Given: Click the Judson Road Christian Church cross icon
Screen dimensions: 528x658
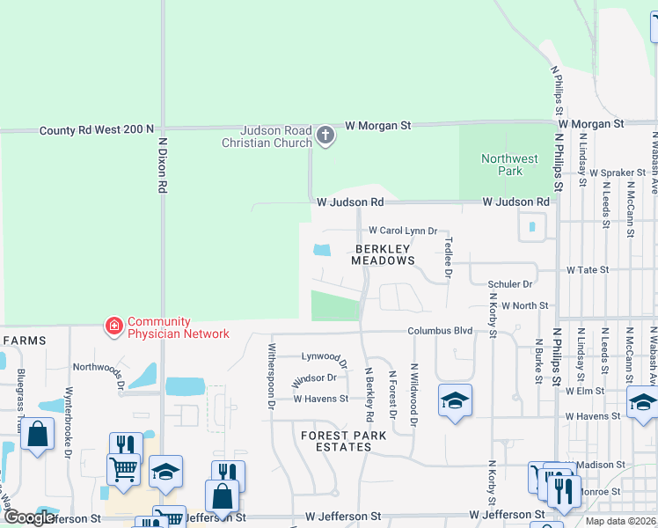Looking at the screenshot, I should point(325,136).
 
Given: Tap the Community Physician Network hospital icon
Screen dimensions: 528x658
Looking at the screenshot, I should point(113,326).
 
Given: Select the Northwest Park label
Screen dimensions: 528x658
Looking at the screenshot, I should point(509,165).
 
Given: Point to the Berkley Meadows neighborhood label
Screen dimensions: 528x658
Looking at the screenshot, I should point(383,254).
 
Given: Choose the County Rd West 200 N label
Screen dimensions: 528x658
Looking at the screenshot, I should point(97,130).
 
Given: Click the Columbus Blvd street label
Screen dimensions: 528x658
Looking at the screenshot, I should point(440,331).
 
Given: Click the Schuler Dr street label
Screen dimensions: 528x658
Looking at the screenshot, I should point(510,284).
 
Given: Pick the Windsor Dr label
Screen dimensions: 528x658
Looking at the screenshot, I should point(314,378).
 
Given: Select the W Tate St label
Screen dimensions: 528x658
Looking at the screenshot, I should point(587,269).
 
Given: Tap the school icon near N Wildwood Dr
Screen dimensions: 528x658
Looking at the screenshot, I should point(454,400).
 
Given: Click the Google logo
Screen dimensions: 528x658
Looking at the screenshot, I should point(29,517).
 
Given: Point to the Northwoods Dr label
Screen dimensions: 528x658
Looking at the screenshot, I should point(99,370).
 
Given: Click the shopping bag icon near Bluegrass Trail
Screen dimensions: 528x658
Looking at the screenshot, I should point(37,435).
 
